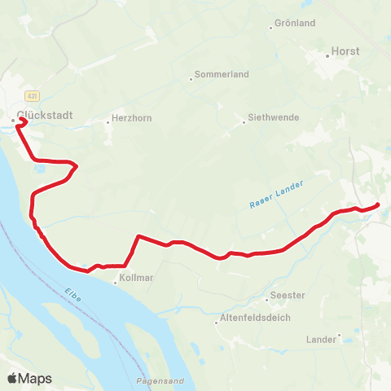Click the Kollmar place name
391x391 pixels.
pos(136,278)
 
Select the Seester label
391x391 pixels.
pos(289,297)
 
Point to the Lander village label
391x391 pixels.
pos(319,339)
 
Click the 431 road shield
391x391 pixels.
pos(30,94)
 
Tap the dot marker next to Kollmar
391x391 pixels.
pos(115,283)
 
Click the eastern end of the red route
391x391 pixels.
pos(378,204)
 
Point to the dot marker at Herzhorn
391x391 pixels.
pos(108,123)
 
